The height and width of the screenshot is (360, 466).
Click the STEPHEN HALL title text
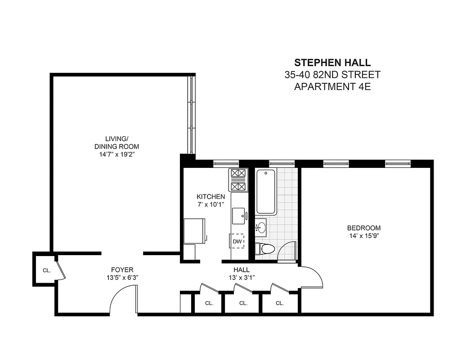[332, 63]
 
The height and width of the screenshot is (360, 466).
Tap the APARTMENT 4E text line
[332, 87]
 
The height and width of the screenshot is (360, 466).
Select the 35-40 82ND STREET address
[332, 75]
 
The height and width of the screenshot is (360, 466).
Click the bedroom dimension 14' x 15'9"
[364, 236]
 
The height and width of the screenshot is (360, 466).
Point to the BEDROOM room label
[364, 228]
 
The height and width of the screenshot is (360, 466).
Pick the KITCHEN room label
[211, 197]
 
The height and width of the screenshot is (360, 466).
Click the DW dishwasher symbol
[237, 242]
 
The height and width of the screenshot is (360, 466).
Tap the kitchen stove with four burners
[238, 180]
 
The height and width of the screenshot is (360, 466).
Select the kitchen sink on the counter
[239, 215]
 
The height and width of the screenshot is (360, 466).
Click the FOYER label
[122, 270]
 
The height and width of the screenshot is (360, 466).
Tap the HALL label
[238, 270]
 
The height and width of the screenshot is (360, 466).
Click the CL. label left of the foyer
[47, 270]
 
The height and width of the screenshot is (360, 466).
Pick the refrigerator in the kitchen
[194, 231]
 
